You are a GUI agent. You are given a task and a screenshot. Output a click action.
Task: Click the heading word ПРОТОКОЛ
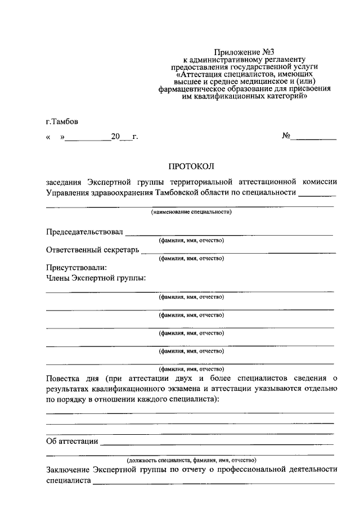tap(192, 166)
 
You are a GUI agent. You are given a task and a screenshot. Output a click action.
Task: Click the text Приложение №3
tap(245, 52)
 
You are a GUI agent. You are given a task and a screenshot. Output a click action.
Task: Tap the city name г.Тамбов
tap(62, 121)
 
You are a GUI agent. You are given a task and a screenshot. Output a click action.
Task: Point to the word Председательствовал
tap(84, 232)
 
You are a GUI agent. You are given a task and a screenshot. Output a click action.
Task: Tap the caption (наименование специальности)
tap(191, 213)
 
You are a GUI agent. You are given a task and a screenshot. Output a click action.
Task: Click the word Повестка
tap(64, 377)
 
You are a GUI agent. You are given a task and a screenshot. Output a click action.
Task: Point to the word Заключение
tap(67, 469)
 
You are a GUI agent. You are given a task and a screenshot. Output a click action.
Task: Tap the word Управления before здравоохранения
tap(70, 193)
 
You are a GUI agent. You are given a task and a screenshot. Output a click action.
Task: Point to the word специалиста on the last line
tap(68, 481)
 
